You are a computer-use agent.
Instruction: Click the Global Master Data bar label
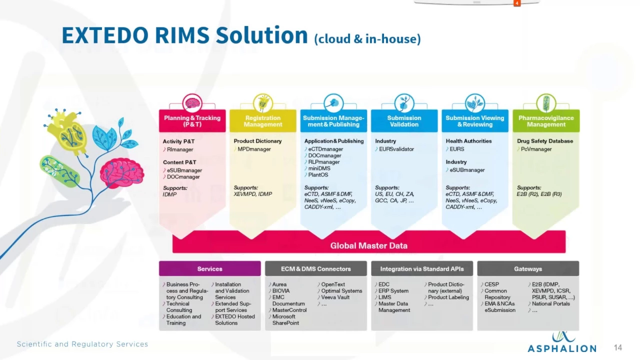(368, 245)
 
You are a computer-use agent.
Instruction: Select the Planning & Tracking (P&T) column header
(192, 121)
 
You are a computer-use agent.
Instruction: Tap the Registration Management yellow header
(263, 121)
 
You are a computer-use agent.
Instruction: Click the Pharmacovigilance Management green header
(546, 121)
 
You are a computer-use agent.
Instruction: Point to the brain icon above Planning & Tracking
(192, 103)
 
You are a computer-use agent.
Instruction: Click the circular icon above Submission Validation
(404, 103)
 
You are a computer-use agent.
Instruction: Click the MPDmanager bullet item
(254, 149)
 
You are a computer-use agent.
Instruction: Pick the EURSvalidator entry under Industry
(396, 149)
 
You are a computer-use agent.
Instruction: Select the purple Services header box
(209, 268)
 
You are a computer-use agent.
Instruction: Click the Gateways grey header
(528, 268)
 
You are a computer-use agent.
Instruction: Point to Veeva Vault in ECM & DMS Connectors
(335, 297)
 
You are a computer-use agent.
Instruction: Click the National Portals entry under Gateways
(550, 303)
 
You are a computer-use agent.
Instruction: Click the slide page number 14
(618, 347)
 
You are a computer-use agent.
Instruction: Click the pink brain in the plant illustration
(121, 171)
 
